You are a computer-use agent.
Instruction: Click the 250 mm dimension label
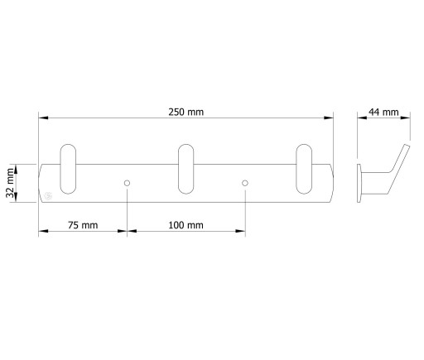[186, 112]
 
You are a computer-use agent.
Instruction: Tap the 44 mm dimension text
[383, 112]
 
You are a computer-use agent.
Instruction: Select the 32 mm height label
[10, 183]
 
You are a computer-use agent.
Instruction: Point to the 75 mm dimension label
[83, 225]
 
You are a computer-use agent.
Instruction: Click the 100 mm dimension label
[185, 225]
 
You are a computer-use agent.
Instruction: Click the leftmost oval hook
[68, 169]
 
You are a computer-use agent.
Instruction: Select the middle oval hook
[185, 169]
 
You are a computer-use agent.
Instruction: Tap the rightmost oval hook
[304, 169]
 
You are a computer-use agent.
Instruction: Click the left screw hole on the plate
[127, 183]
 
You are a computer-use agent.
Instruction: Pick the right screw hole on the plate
[245, 183]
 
